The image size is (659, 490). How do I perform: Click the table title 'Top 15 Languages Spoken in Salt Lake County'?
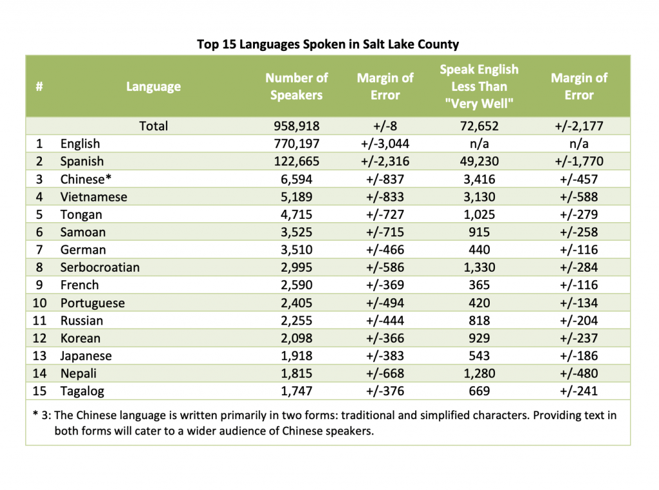click(x=328, y=44)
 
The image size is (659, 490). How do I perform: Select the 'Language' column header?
click(x=153, y=87)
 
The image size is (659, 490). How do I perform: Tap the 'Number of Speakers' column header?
click(x=296, y=86)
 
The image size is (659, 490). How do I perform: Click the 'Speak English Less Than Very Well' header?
click(x=479, y=86)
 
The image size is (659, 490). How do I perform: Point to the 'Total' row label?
click(x=153, y=126)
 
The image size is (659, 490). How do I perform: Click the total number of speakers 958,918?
click(x=297, y=126)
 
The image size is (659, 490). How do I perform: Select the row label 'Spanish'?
click(x=82, y=161)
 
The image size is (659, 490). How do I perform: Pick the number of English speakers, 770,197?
click(x=297, y=144)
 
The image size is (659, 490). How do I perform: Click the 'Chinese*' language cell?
click(x=86, y=179)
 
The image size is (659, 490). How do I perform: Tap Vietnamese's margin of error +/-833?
click(x=385, y=197)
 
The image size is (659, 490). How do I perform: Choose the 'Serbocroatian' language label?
click(x=100, y=267)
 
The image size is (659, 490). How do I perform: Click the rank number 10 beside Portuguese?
click(x=39, y=303)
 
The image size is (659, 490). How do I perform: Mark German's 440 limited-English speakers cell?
click(x=479, y=249)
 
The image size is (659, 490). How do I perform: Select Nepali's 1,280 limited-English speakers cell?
click(x=479, y=373)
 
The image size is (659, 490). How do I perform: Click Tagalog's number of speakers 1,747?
click(x=297, y=391)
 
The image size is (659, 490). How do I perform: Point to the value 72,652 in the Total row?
click(x=479, y=126)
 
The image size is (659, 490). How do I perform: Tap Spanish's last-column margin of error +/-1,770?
click(x=579, y=161)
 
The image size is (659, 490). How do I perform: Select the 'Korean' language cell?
click(x=80, y=338)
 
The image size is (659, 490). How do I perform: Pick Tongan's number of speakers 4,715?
click(x=297, y=214)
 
